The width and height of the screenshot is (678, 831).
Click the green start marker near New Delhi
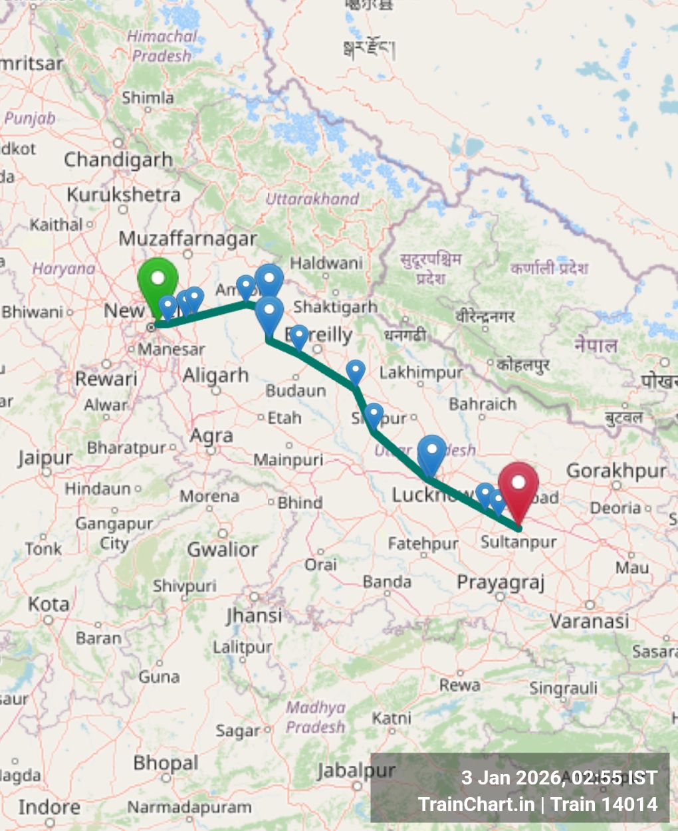tap(158, 282)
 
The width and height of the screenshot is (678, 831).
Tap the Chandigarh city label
tap(118, 160)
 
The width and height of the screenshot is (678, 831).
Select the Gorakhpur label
tap(616, 471)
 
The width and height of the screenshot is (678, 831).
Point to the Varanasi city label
tap(589, 622)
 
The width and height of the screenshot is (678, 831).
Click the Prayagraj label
tap(501, 582)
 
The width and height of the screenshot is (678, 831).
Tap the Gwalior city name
tap(222, 549)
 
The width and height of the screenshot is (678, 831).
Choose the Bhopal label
tap(166, 763)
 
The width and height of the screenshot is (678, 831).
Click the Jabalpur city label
tap(356, 771)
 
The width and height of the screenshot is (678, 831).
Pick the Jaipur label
tap(45, 458)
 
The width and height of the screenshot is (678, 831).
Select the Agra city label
tap(211, 436)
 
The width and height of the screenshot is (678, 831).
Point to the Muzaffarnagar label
tap(187, 239)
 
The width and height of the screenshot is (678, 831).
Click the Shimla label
tap(148, 98)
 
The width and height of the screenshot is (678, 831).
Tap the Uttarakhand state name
tap(312, 199)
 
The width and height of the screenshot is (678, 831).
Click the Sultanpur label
tap(518, 542)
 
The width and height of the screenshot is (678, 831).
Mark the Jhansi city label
tap(254, 616)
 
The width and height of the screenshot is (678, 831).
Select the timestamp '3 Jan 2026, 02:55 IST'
tap(559, 778)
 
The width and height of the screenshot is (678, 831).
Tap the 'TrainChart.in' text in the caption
tap(476, 804)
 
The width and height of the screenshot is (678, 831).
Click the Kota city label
tap(49, 605)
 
